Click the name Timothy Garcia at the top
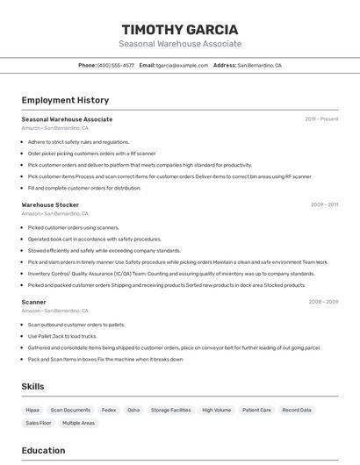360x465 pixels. tap(179, 28)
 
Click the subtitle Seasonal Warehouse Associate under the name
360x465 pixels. tap(179, 44)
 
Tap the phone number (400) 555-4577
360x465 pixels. tap(116, 65)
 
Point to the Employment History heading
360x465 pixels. tap(65, 101)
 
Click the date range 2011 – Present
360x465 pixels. tap(321, 119)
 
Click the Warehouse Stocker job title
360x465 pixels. tap(50, 205)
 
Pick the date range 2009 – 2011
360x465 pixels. tap(324, 205)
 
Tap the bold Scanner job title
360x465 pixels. tap(34, 302)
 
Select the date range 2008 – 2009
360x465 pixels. tap(323, 302)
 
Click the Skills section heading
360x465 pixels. tap(32, 387)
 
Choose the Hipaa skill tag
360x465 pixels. tap(32, 410)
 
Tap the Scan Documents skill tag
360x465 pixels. tap(70, 410)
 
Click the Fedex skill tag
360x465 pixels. tap(109, 410)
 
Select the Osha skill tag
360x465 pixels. tap(133, 410)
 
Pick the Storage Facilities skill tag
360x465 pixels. tap(170, 410)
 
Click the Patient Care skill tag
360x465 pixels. tap(257, 410)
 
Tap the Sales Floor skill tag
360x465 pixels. tap(38, 423)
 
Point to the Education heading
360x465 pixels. tap(43, 451)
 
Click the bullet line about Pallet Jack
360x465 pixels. tap(62, 336)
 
